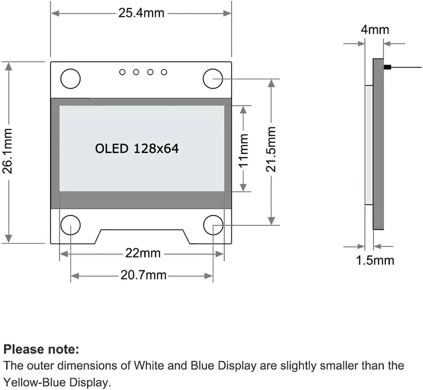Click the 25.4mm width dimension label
[x=141, y=13]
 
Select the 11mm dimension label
[x=244, y=149]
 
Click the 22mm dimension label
[x=143, y=253]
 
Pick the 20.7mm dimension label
[x=143, y=275]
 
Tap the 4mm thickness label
[x=375, y=30]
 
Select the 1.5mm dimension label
[x=375, y=260]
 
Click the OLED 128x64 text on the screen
[x=137, y=148]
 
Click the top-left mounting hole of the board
[x=70, y=79]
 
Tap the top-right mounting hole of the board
[x=212, y=79]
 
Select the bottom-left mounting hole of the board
[x=70, y=225]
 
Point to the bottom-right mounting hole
[x=213, y=225]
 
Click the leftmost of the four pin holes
[x=122, y=72]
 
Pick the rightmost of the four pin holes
[x=164, y=72]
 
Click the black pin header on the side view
[x=388, y=68]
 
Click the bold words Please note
[x=42, y=350]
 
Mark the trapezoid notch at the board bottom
[x=142, y=237]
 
